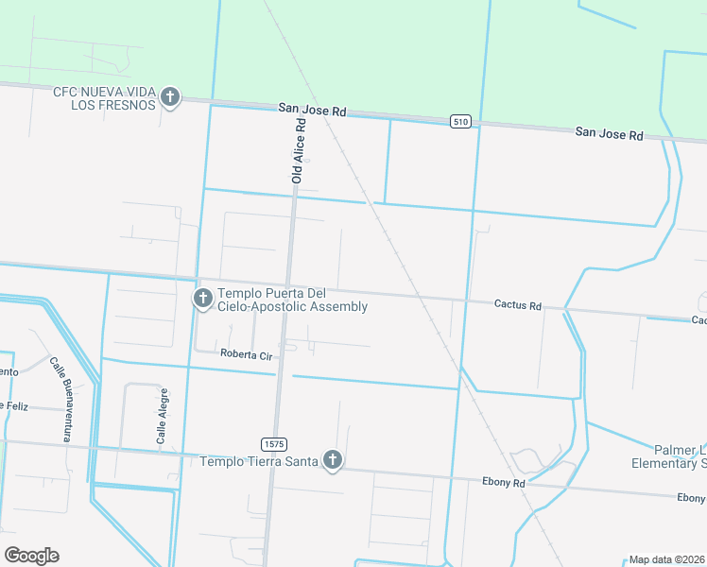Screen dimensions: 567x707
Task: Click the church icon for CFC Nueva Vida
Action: tap(170, 96)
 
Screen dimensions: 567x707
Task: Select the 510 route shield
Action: tap(460, 121)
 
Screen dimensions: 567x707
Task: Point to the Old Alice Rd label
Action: tap(300, 150)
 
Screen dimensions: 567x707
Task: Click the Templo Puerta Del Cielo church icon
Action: tap(202, 300)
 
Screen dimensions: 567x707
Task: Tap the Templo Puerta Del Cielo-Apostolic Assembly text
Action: tap(292, 300)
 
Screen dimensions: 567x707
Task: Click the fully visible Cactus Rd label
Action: tap(518, 305)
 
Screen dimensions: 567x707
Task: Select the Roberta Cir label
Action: tap(246, 353)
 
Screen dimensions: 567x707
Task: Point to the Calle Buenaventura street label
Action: tap(61, 399)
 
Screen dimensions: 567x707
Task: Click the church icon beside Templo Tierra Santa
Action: tap(332, 460)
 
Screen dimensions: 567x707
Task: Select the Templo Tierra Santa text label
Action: tap(258, 461)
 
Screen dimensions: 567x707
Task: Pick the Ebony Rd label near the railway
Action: tap(506, 482)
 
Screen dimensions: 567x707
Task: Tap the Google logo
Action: tap(31, 555)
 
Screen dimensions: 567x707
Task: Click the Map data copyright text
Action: tap(666, 559)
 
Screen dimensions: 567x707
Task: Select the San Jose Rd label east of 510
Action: tap(610, 134)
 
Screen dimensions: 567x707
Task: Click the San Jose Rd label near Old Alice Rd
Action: tap(313, 111)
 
